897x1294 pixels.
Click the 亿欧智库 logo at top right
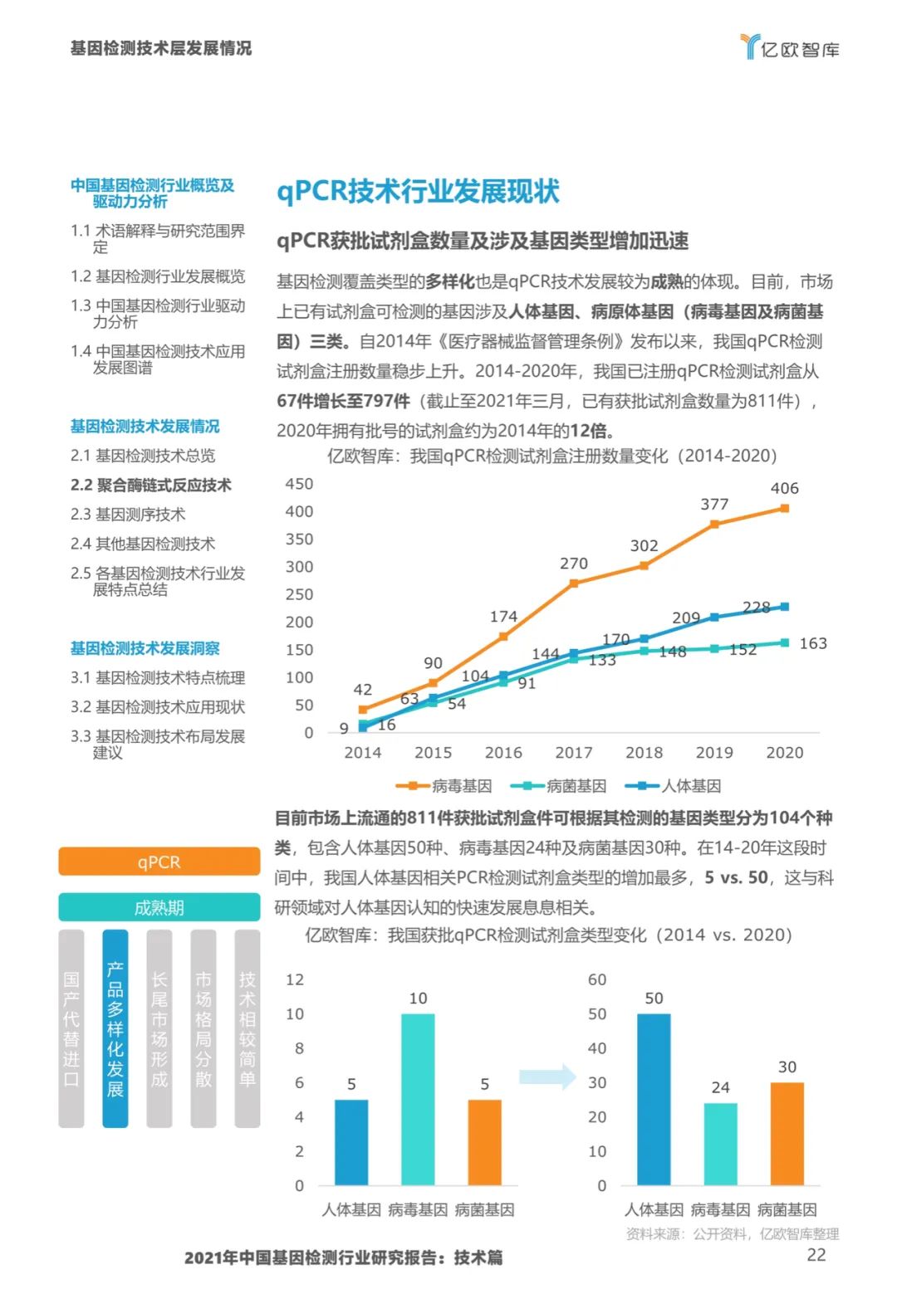click(789, 47)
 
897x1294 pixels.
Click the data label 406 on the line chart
click(784, 489)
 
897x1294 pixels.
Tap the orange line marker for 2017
click(574, 584)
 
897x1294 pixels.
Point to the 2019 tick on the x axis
click(714, 753)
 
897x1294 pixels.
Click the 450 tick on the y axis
click(299, 484)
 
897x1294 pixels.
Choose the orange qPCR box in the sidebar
click(159, 862)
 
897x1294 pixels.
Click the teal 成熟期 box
click(159, 907)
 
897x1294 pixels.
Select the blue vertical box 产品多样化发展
click(115, 1028)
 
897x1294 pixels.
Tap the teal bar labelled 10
click(418, 1099)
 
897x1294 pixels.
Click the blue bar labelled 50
click(654, 1099)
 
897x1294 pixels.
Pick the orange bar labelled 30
click(787, 1133)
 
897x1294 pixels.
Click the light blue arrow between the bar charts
click(547, 1077)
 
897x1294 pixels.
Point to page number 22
click(816, 1255)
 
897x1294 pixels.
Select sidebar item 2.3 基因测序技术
click(128, 515)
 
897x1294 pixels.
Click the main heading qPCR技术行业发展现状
click(418, 191)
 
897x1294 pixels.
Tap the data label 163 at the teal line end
click(813, 643)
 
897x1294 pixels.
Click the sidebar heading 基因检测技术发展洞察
click(145, 648)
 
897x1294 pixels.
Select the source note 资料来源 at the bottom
click(732, 1234)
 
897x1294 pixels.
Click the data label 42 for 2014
click(362, 690)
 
